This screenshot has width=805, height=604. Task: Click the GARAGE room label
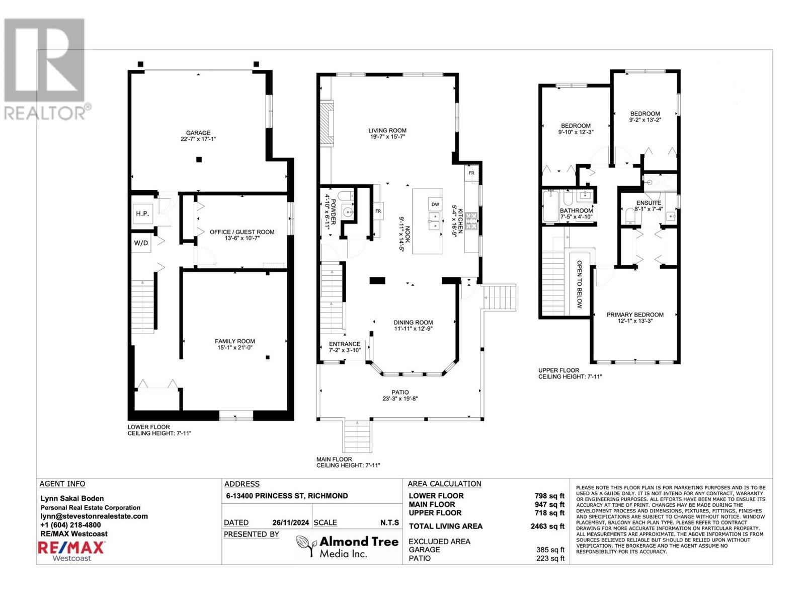tap(198, 133)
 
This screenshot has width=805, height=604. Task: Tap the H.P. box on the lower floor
tap(142, 213)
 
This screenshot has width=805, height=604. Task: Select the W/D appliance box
tap(141, 243)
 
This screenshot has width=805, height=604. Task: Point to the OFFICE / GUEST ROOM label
tap(242, 232)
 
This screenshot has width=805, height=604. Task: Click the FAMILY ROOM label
tap(235, 341)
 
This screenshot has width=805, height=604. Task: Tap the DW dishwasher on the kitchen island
tap(435, 204)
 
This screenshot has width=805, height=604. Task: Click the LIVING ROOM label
tap(387, 130)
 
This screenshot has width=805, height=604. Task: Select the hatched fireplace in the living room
tap(327, 123)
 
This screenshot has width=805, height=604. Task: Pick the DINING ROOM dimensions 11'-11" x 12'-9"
tap(414, 329)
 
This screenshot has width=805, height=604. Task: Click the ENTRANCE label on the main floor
tap(344, 344)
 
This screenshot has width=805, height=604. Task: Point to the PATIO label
tap(400, 392)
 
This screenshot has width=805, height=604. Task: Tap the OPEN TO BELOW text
tap(579, 284)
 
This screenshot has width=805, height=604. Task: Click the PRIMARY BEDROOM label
tap(635, 315)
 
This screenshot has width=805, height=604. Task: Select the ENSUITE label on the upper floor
tap(649, 203)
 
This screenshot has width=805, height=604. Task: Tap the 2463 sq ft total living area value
tap(547, 526)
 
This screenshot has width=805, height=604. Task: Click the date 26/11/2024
tap(290, 522)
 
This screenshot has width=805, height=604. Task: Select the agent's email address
tap(94, 516)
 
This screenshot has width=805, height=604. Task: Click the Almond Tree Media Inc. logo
tap(347, 547)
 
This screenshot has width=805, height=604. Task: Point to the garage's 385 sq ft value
tap(550, 550)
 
